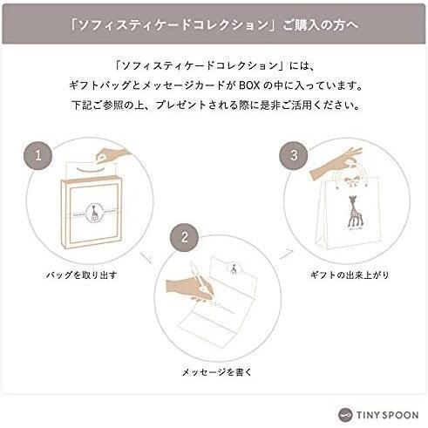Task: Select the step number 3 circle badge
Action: click(293, 158)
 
